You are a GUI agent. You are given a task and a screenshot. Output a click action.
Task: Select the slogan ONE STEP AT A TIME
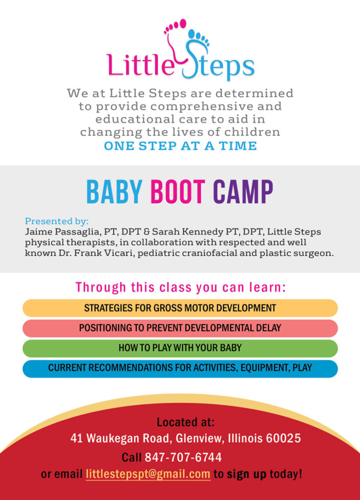click(180, 146)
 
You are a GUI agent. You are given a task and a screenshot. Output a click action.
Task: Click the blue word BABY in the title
click(114, 191)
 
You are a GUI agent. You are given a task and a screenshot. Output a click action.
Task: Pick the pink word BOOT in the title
click(178, 191)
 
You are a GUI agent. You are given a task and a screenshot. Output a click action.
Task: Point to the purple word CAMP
click(243, 191)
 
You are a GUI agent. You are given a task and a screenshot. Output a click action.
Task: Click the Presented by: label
click(57, 221)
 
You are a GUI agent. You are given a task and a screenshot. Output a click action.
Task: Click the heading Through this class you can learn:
click(180, 287)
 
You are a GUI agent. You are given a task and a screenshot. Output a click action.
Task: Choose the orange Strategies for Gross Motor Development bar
click(180, 308)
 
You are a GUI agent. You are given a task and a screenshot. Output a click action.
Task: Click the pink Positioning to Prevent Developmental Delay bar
click(180, 328)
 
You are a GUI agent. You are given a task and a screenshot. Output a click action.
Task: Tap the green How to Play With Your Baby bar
click(180, 348)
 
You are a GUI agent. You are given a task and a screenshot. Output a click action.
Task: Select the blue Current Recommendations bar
click(180, 368)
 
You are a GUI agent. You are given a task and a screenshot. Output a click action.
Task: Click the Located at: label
click(186, 422)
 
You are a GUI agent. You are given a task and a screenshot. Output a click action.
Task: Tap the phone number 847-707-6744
click(183, 457)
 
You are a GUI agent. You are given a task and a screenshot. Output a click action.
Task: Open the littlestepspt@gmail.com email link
click(148, 474)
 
